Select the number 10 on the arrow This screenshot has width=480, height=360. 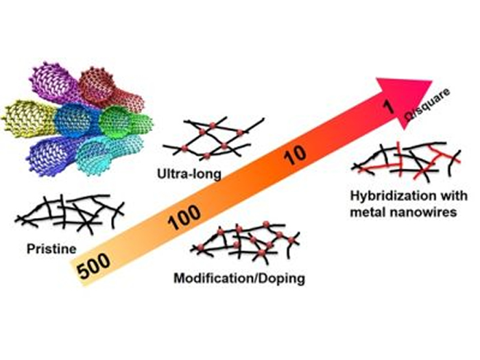pos(296,155)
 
